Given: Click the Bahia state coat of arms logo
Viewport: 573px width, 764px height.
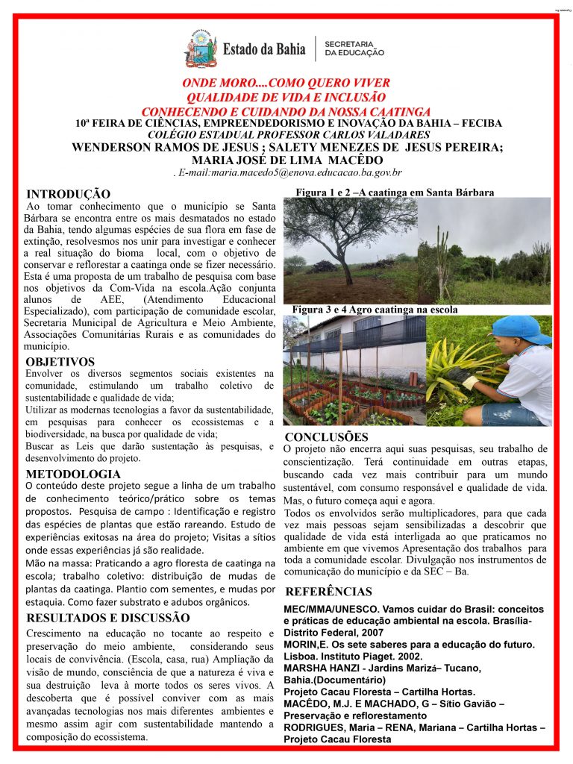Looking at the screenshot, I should pyautogui.click(x=201, y=48).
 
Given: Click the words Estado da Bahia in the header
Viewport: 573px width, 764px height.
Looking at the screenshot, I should pyautogui.click(x=264, y=49).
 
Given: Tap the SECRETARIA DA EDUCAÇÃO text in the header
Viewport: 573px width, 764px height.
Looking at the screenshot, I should pyautogui.click(x=354, y=48).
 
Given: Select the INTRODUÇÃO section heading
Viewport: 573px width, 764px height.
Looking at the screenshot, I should pyautogui.click(x=68, y=195).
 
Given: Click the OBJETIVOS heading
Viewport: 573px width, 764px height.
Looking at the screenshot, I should pyautogui.click(x=60, y=363).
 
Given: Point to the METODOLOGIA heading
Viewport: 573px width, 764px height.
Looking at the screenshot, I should pyautogui.click(x=73, y=475).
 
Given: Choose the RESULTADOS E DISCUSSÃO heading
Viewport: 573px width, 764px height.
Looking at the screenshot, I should pyautogui.click(x=108, y=618).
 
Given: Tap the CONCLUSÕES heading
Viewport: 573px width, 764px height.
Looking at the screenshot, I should pyautogui.click(x=327, y=436).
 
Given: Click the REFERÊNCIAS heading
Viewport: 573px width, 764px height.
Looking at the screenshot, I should pyautogui.click(x=328, y=592).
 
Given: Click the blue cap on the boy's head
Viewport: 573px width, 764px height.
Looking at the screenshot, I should pyautogui.click(x=521, y=328).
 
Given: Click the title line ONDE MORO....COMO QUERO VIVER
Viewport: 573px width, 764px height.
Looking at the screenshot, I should pyautogui.click(x=286, y=84).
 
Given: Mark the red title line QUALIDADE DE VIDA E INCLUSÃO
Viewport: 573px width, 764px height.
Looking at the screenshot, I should pyautogui.click(x=286, y=98).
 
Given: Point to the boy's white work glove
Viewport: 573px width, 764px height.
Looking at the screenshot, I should pyautogui.click(x=470, y=382).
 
